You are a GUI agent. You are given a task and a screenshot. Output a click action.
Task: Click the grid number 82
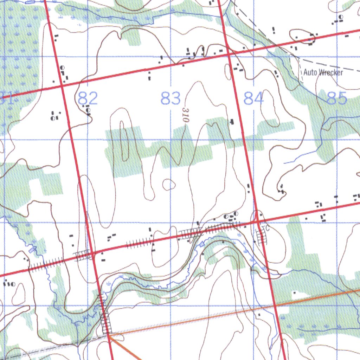coord(88,98)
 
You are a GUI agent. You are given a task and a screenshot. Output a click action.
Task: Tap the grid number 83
coord(171,98)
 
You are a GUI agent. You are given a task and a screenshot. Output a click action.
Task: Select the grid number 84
coord(253,98)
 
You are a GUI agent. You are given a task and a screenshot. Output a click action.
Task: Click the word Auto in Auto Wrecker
coord(310,72)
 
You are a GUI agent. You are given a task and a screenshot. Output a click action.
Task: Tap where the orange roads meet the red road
coord(109,335)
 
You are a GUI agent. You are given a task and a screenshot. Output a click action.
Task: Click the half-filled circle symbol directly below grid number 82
coord(88,110)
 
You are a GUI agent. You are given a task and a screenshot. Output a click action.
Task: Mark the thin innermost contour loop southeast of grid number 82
coord(122,141)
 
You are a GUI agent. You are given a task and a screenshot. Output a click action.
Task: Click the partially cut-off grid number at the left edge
coord(6,98)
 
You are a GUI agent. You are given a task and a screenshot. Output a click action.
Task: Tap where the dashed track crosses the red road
coord(278,45)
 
